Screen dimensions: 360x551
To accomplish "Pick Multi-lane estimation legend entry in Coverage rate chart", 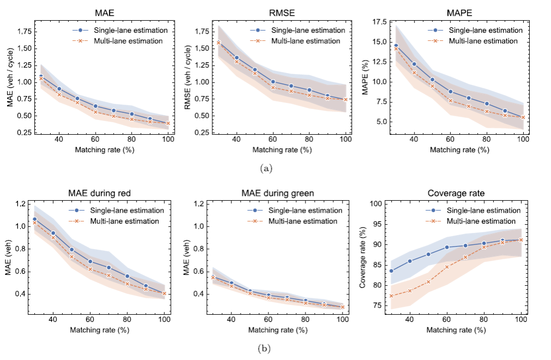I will tap(480, 221).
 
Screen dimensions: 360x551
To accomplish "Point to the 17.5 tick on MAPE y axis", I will tap(379, 22).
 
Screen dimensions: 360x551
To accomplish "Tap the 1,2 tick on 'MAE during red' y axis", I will tap(20, 204).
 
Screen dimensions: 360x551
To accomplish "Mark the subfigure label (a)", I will tap(266, 169).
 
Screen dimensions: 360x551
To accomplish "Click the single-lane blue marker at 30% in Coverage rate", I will tap(391, 271).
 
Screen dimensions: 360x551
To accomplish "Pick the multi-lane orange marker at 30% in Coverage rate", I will tap(391, 296).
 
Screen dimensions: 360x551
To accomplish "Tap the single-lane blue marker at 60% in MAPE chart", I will tap(450, 92).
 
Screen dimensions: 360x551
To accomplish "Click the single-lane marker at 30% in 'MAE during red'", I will tap(34, 219).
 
